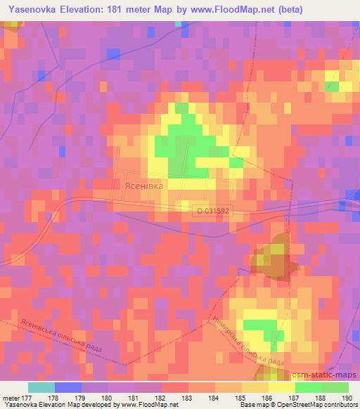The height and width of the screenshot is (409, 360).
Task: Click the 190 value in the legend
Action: tap(347, 398)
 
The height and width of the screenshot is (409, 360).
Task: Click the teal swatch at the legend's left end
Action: tap(41, 387)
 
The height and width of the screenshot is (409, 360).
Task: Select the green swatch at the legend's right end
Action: tap(335, 387)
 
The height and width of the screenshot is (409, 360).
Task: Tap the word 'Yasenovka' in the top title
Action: tap(32, 9)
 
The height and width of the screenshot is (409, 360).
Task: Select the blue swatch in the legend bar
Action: tap(68, 387)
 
